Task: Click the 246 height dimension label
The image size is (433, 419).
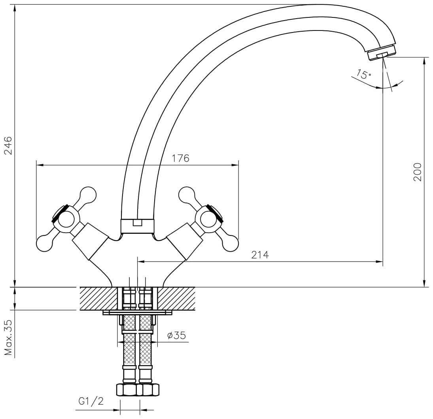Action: (8, 145)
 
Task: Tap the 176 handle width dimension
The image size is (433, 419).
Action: (181, 158)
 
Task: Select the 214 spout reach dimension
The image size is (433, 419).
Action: (260, 254)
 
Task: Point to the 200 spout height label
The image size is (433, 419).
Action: (417, 172)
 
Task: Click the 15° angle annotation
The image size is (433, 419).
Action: (363, 74)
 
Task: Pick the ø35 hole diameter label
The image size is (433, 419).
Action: (176, 335)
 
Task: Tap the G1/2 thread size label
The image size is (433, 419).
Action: (91, 401)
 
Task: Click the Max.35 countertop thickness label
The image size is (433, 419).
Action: (8, 337)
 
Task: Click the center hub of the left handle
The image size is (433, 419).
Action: (66, 219)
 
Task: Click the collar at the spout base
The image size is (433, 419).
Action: (137, 226)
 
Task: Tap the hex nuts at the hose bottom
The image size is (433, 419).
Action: (137, 390)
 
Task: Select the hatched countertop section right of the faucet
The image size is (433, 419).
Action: (176, 298)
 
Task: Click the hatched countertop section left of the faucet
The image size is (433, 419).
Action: (98, 298)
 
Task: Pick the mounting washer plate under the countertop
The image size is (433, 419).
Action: (137, 313)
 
